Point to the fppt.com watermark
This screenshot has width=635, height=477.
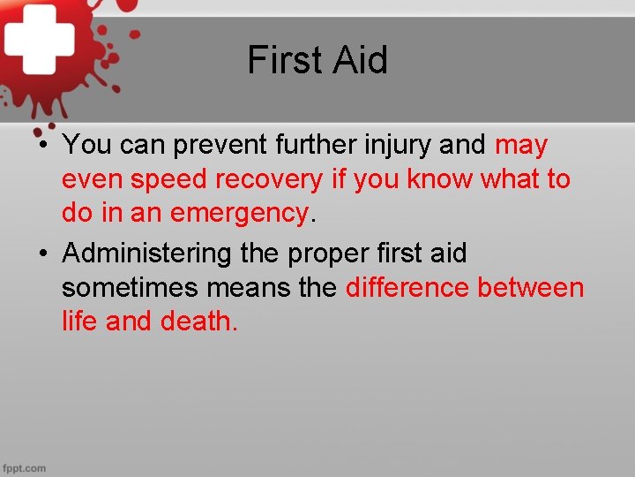(24, 467)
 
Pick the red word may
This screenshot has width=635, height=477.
(521, 144)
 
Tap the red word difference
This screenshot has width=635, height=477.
(407, 288)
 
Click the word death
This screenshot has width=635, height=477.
(199, 322)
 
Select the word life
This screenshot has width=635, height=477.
(79, 322)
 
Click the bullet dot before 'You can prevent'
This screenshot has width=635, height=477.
(42, 145)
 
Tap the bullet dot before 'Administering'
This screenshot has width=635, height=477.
(42, 254)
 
